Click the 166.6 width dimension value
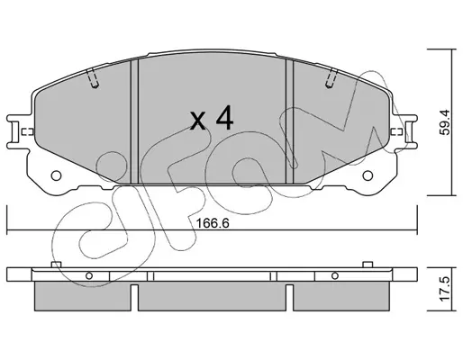pyautogui.click(x=213, y=223)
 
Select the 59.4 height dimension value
pyautogui.click(x=445, y=122)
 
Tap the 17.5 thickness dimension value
pyautogui.click(x=445, y=289)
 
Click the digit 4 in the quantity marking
pyautogui.click(x=224, y=118)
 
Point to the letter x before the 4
pyautogui.click(x=198, y=121)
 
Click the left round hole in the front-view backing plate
pyautogui.click(x=56, y=175)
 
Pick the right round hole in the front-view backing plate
pyautogui.click(x=368, y=175)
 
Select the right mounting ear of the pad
pyautogui.click(x=404, y=131)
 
